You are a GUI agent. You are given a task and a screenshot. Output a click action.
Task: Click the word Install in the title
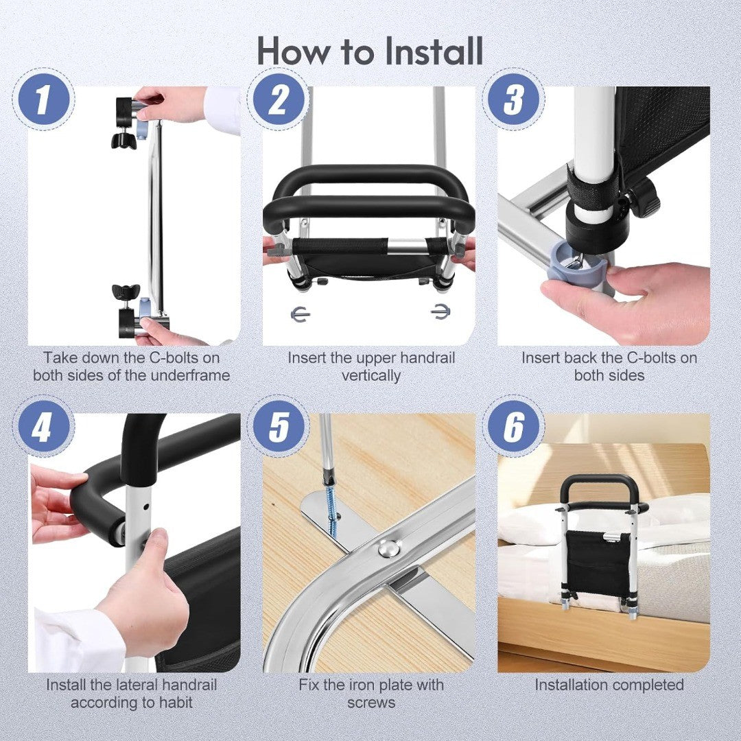[x=434, y=51]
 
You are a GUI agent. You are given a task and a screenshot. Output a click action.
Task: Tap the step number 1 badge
[x=43, y=99]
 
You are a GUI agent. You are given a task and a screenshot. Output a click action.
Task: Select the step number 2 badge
[x=278, y=99]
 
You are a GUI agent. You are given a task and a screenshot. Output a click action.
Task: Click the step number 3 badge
[x=513, y=99]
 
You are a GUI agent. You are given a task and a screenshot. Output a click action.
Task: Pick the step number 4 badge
[x=43, y=427]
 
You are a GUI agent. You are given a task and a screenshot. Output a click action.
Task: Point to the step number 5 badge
[x=278, y=427]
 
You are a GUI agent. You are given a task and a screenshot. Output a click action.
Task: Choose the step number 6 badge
[x=513, y=427]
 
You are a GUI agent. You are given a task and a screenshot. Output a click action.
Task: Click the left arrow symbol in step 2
[x=300, y=314]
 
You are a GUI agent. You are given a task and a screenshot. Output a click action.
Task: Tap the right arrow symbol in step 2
[x=440, y=311]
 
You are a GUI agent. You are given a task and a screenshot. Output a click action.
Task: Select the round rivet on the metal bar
[x=388, y=548]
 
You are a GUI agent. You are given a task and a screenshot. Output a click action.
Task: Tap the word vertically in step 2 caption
[x=371, y=376]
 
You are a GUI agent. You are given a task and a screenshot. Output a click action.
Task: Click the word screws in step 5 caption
[x=371, y=703]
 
